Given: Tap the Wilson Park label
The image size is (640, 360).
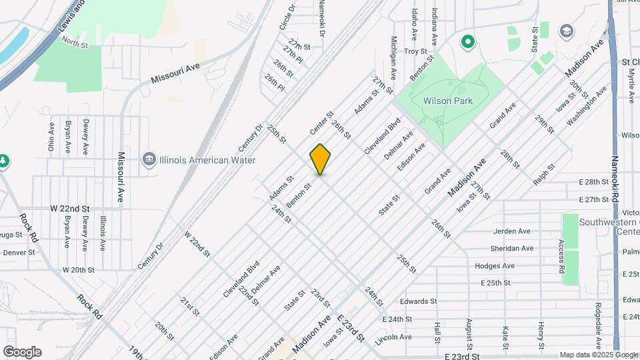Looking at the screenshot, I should pos(447,101).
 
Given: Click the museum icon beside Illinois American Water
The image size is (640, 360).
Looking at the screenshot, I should pos(148,159).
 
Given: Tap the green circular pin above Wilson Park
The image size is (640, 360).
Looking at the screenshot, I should pos(468,43).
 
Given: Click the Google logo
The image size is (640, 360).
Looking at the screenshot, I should pos(22,352).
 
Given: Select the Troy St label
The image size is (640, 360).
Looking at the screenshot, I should pos(415,51).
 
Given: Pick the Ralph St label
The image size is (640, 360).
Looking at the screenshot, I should pos(543,175).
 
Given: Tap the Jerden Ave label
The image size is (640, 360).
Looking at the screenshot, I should pos(511,231).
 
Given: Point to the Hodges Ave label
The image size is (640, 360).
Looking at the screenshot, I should pos(495,265).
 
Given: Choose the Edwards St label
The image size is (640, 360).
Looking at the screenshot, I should pos(418,301).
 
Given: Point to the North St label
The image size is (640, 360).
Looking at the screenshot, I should pos(75,43).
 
